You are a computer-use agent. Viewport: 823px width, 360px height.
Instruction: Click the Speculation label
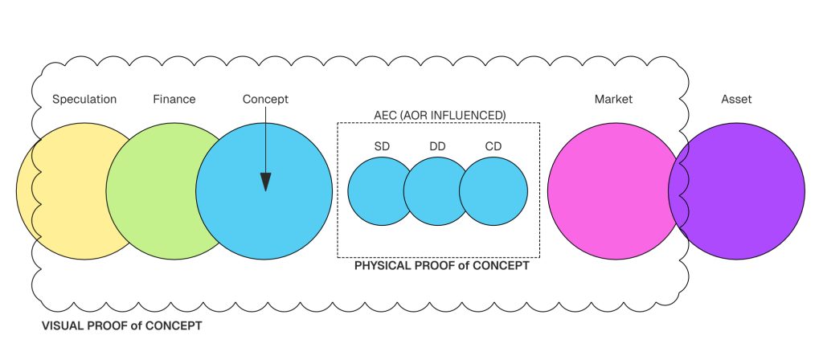click(x=84, y=100)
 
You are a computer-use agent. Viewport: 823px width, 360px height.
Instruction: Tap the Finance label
click(x=174, y=100)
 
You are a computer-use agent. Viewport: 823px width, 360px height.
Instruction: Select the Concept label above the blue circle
click(x=265, y=100)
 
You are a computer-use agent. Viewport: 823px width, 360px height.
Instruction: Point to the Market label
click(x=613, y=100)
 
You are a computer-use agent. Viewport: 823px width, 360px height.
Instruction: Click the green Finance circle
click(x=157, y=191)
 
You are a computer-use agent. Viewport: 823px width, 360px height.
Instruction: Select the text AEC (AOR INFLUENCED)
click(x=438, y=116)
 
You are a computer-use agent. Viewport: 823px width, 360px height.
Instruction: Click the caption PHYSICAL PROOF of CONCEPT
click(x=442, y=265)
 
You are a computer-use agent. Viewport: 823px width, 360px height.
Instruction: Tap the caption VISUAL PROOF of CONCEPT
click(x=122, y=327)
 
